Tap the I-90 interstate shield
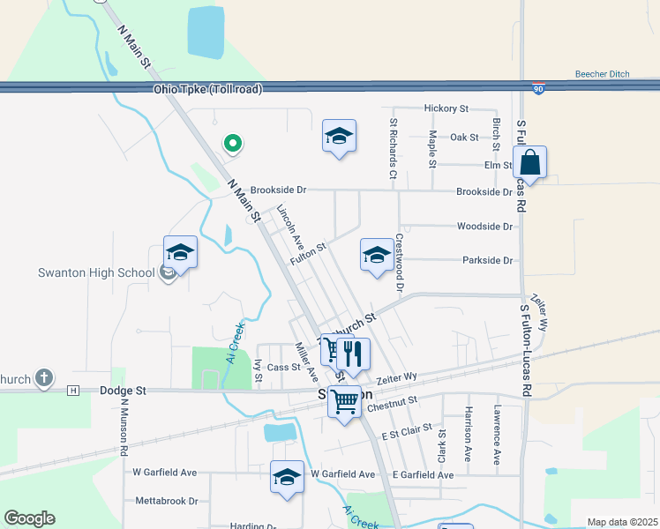(539, 89)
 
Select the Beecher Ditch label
(602, 74)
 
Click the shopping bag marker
(529, 163)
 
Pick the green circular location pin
(233, 142)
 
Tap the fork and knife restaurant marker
(353, 354)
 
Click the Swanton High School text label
(96, 272)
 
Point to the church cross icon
(43, 379)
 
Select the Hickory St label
(446, 108)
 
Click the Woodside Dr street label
(484, 227)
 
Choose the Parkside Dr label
(487, 260)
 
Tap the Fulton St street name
(310, 252)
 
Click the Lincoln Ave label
(290, 227)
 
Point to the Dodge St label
(123, 390)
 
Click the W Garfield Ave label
(165, 473)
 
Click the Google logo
(29, 518)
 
